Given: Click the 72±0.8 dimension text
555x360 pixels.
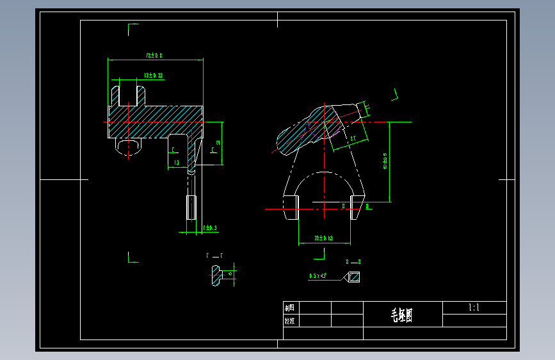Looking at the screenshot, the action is point(154,56).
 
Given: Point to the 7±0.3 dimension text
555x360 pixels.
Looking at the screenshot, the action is point(210,227).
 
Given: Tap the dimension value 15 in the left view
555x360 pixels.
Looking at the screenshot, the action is point(176,163).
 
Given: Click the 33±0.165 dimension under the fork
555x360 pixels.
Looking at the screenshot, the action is point(323,238).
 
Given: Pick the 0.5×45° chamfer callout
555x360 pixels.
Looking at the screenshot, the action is point(318,276).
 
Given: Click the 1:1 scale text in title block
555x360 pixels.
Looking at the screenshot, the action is point(474,308).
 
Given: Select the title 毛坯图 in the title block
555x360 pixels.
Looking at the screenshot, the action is point(402,315).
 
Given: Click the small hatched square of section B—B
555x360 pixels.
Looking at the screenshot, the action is point(353,277).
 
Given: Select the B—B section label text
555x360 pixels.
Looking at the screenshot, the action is point(353,262).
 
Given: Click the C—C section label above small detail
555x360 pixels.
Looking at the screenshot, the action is point(214,256).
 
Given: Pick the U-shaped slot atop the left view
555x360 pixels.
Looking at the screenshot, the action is point(129,94).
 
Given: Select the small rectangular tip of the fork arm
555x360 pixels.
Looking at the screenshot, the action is point(191,208).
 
